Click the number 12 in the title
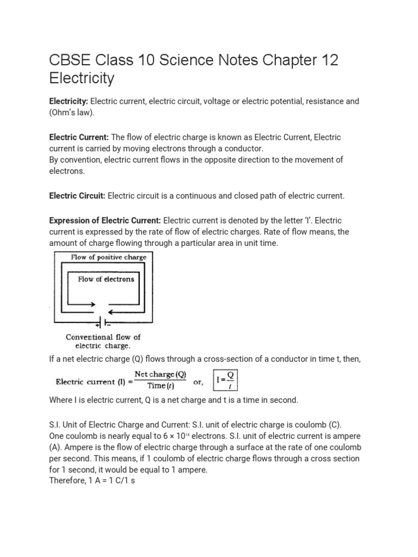pos(327,60)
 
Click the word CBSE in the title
pos(69,60)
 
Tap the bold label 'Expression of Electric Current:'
pos(105,220)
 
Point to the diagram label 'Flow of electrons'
pos(106,279)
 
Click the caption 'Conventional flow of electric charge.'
pos(103,341)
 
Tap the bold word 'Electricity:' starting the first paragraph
pos(69,102)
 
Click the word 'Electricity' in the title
pos(82,78)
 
